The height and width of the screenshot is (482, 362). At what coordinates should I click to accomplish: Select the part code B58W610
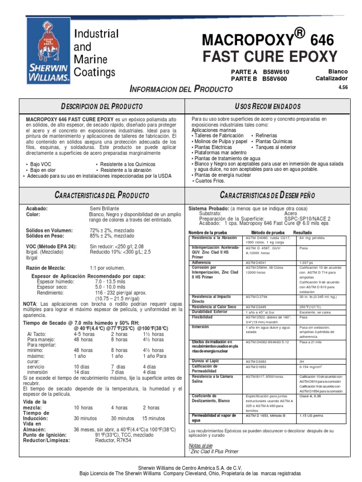coord(275,71)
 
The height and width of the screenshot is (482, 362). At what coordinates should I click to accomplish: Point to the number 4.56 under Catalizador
coord(342,87)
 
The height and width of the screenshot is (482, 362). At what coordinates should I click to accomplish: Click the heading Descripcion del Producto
coord(102,107)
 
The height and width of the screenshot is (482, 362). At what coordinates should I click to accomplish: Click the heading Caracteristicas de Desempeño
coord(264,195)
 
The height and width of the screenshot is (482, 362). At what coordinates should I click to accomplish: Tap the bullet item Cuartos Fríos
coord(210,181)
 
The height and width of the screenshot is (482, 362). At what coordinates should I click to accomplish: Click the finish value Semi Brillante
coord(111,208)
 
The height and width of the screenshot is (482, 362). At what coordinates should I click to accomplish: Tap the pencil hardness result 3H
coord(302,361)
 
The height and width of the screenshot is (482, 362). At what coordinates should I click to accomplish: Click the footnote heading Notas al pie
coord(200,445)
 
